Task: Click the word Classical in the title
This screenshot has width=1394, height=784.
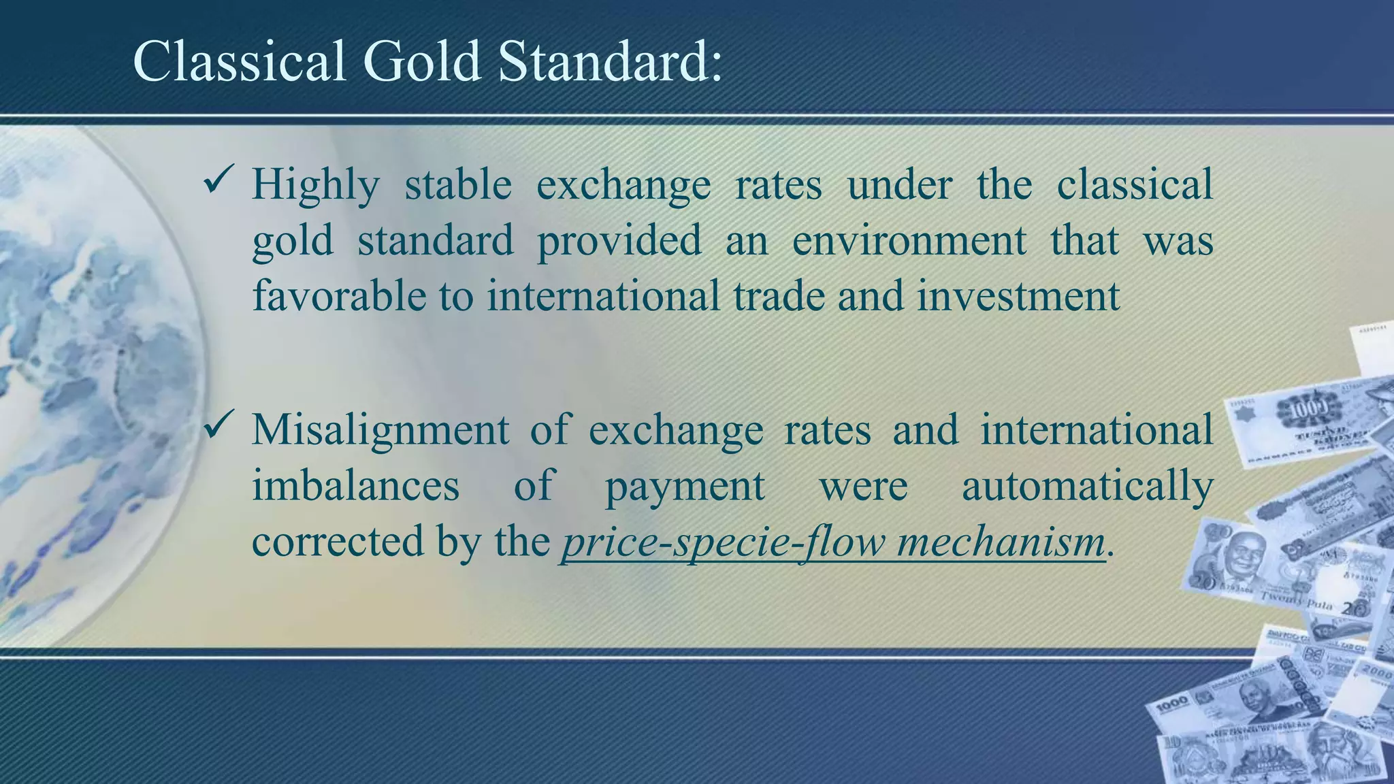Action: click(x=239, y=62)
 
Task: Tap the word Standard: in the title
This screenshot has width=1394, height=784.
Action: click(x=610, y=62)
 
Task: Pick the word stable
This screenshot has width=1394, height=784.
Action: click(x=458, y=184)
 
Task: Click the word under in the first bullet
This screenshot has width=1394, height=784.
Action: click(x=899, y=184)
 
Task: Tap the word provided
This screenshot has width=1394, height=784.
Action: click(x=619, y=241)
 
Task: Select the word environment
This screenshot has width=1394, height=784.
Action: click(x=909, y=241)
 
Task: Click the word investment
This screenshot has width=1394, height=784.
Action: click(x=1018, y=296)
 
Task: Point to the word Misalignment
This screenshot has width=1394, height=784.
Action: click(x=380, y=431)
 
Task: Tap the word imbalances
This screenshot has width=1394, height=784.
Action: click(x=355, y=486)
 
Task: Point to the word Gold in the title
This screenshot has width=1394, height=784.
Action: click(x=422, y=62)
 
